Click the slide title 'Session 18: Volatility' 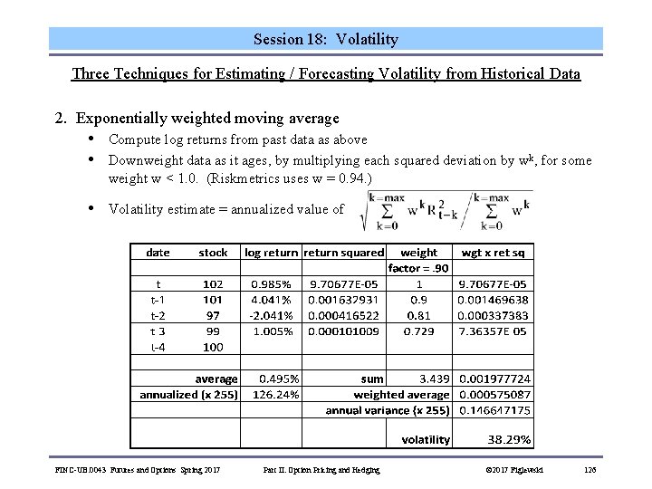click(x=325, y=40)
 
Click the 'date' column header click(x=158, y=253)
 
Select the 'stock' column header click(x=213, y=253)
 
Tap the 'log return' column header click(x=270, y=253)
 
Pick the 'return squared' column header click(x=344, y=253)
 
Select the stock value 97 click(x=214, y=315)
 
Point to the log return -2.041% click(x=273, y=315)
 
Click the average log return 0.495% click(x=275, y=379)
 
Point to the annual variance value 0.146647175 click(x=495, y=410)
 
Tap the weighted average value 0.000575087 click(x=495, y=395)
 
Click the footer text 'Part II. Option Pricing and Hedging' click(x=321, y=469)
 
